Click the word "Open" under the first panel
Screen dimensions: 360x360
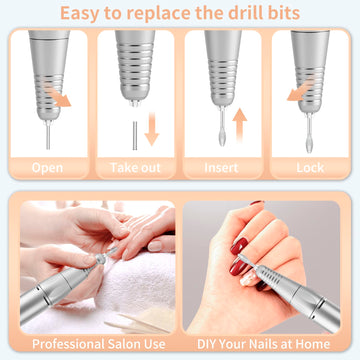[47, 168]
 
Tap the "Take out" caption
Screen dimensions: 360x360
[135, 168]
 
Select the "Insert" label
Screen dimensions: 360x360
[221, 168]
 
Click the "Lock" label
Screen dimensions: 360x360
[310, 168]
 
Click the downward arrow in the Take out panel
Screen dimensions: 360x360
[152, 129]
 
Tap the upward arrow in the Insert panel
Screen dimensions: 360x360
[240, 125]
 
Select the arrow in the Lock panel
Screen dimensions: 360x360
[300, 90]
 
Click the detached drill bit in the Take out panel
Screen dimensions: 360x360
[135, 135]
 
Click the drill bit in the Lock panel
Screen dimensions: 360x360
[310, 133]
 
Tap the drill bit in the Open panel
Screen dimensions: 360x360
[48, 135]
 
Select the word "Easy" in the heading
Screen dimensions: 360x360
[79, 14]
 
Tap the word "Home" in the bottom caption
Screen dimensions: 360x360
[312, 344]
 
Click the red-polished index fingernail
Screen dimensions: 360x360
[239, 246]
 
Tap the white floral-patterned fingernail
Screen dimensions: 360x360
[248, 278]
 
